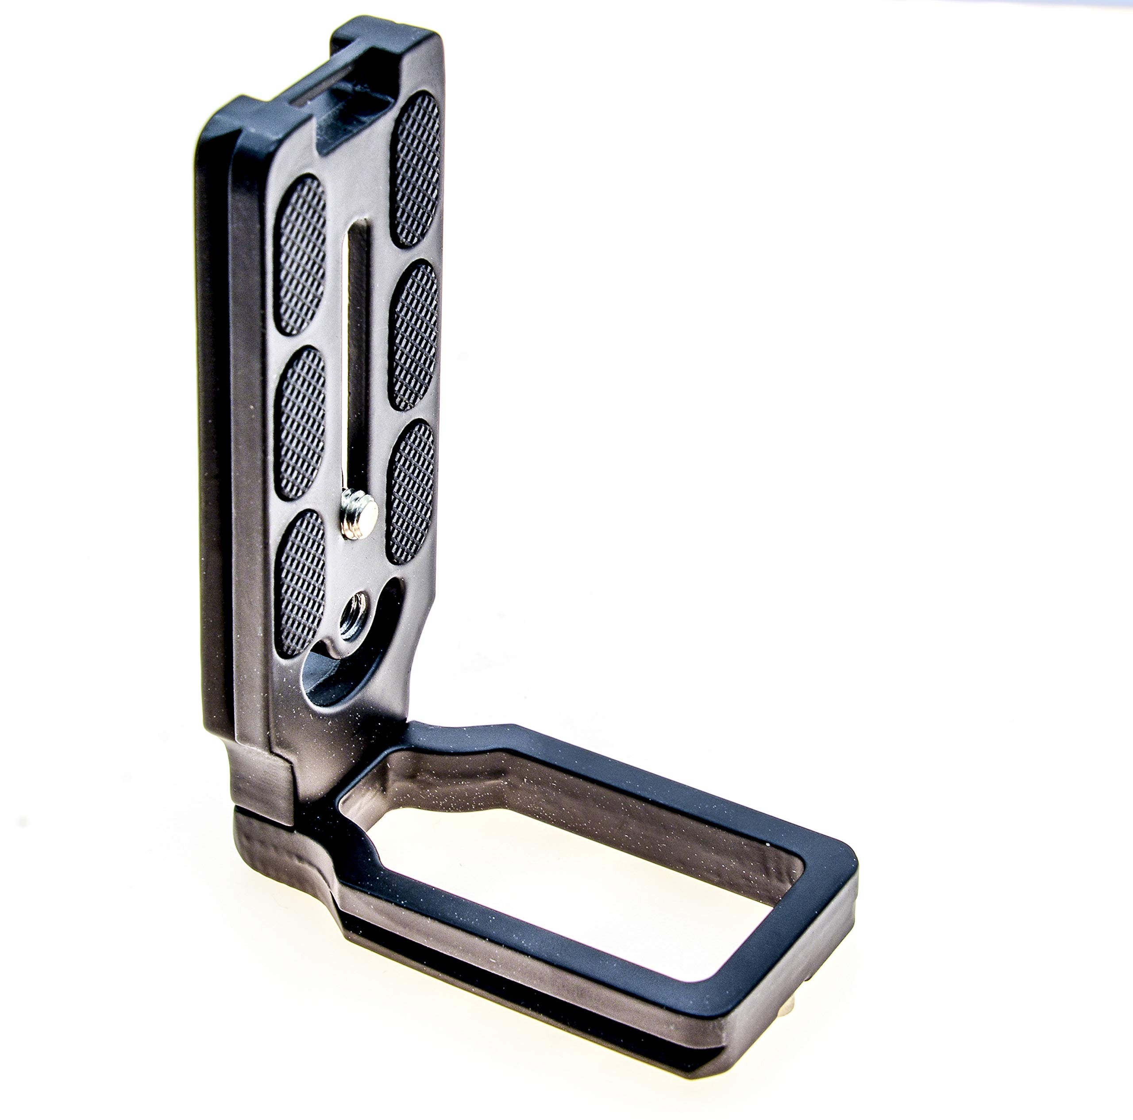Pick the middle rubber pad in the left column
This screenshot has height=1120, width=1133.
pyautogui.click(x=299, y=422)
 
